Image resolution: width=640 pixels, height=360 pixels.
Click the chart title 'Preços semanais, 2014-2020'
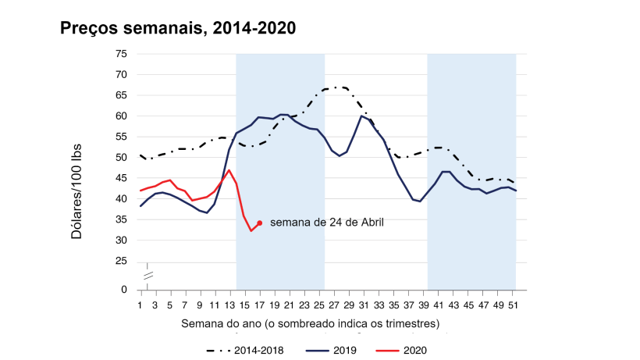tap(178, 28)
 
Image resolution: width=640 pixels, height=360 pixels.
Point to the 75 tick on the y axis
tap(121, 54)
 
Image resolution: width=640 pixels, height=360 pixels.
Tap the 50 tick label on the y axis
tap(121, 158)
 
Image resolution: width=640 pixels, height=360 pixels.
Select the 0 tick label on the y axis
tap(123, 290)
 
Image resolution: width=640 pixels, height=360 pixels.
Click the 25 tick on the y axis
tap(121, 261)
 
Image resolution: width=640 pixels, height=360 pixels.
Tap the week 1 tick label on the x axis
tap(140, 305)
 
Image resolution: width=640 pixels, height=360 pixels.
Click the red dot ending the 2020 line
tap(259, 223)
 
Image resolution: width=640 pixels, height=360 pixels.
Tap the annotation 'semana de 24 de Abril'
tap(327, 223)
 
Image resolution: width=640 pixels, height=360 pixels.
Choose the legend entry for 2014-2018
tap(244, 350)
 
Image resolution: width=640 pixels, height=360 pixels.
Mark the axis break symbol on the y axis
tap(147, 275)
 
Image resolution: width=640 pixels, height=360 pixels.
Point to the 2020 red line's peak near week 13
tap(229, 169)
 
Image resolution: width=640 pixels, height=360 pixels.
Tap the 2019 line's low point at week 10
tap(207, 212)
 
